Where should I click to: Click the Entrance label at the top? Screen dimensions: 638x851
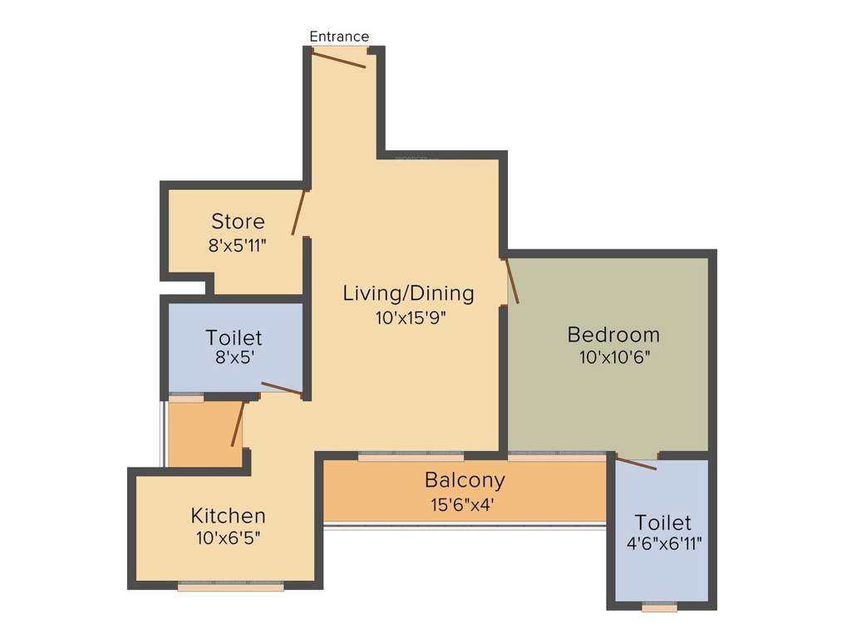click(x=339, y=37)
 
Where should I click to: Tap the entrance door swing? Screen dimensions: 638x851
click(x=338, y=57)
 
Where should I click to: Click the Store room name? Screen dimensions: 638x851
click(x=238, y=222)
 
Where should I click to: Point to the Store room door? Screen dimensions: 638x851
click(x=299, y=213)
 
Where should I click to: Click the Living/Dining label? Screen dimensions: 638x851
click(x=408, y=293)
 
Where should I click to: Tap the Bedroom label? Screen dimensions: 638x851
click(x=613, y=335)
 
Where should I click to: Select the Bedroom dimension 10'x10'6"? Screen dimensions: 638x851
click(x=613, y=358)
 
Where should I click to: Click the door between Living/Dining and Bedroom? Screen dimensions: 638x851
click(x=512, y=282)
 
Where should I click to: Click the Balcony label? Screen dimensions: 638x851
click(x=465, y=480)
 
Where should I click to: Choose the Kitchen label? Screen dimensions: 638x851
click(x=228, y=516)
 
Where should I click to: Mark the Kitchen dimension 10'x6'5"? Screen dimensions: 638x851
click(x=228, y=537)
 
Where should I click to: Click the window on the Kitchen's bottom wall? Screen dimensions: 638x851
click(x=231, y=586)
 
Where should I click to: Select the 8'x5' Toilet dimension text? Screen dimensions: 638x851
click(x=234, y=361)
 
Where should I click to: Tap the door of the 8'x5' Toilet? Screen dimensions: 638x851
click(x=282, y=389)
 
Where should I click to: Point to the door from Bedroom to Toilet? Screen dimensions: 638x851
click(x=636, y=463)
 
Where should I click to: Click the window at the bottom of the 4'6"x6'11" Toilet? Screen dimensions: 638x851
click(x=660, y=607)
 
